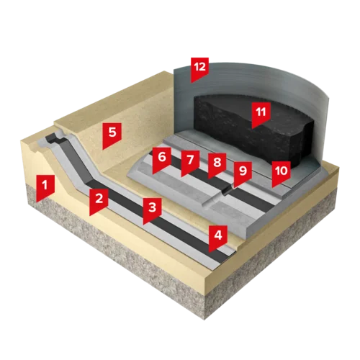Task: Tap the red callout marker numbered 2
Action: click(x=99, y=200)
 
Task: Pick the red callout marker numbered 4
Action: click(x=218, y=237)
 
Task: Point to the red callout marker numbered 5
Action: click(x=112, y=135)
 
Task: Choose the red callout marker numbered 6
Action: click(x=162, y=160)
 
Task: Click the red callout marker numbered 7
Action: click(x=190, y=162)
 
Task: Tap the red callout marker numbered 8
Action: click(x=217, y=165)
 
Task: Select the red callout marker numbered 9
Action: click(x=243, y=174)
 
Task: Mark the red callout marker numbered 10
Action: click(x=282, y=174)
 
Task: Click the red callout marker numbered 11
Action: click(x=261, y=114)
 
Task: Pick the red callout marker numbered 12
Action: click(x=199, y=69)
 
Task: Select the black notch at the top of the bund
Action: click(x=53, y=138)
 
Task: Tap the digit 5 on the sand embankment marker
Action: click(x=112, y=132)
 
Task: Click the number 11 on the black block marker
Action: click(x=261, y=112)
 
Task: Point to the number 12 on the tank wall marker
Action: click(x=199, y=67)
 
